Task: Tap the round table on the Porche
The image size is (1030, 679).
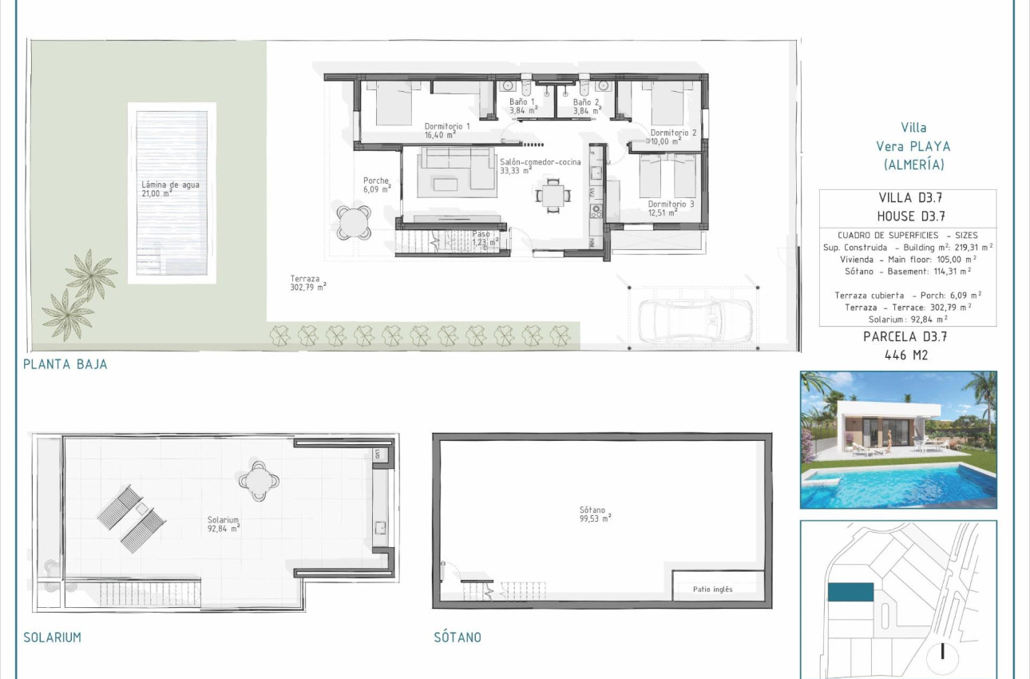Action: point(353,222)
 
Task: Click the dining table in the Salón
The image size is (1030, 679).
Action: point(553,193)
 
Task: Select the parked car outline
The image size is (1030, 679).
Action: point(693,319)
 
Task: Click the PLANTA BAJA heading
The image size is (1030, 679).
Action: point(65,364)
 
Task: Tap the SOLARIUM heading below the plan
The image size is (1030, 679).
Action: point(52,637)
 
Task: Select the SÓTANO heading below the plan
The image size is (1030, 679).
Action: point(458,637)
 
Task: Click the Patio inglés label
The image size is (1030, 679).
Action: point(713,590)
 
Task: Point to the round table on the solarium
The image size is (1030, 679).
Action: point(259,481)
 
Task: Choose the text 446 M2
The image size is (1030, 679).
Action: point(907,355)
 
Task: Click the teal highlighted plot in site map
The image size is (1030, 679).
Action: point(850,592)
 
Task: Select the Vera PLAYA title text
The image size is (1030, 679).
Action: point(913,146)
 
